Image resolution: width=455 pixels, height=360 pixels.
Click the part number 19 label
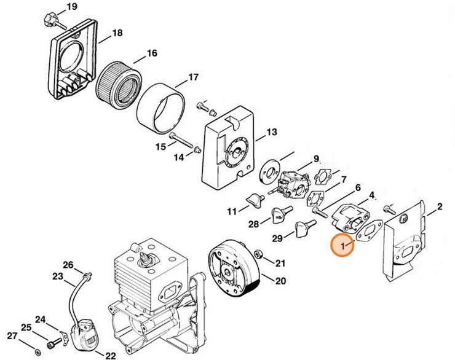[72, 7]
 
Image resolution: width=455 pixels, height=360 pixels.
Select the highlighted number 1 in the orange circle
[342, 246]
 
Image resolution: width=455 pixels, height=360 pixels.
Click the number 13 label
[271, 133]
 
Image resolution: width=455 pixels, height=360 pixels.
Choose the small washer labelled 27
[38, 351]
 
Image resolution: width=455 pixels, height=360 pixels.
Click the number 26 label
[68, 265]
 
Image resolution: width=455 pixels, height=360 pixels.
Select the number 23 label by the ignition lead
[57, 276]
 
